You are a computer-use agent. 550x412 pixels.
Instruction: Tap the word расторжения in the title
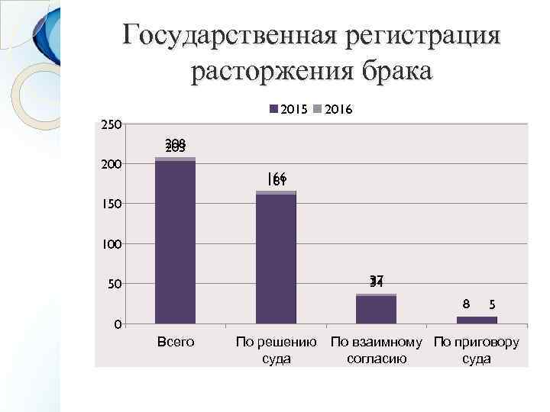click(x=270, y=72)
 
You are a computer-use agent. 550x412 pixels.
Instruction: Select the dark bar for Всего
click(x=175, y=243)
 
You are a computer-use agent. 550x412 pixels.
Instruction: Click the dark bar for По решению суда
click(x=276, y=259)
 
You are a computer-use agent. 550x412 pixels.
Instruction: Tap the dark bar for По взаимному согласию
click(x=376, y=310)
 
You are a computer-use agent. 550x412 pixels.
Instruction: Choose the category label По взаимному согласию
click(x=376, y=350)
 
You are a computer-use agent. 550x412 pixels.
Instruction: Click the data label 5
click(x=493, y=304)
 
